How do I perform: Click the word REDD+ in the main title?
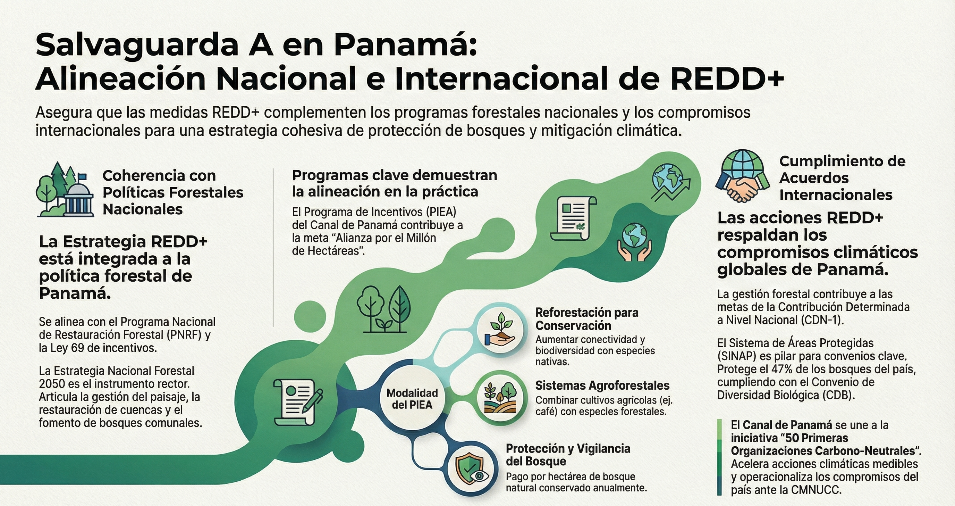click(x=727, y=78)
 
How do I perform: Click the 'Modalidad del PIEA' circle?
click(x=412, y=399)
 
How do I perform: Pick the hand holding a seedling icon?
click(x=500, y=330)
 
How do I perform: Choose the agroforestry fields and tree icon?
click(x=500, y=398)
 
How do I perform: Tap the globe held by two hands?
click(x=634, y=241)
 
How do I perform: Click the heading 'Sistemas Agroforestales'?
click(x=602, y=386)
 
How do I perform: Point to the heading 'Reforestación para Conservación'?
click(x=587, y=319)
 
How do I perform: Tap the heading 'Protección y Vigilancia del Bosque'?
click(x=568, y=455)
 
